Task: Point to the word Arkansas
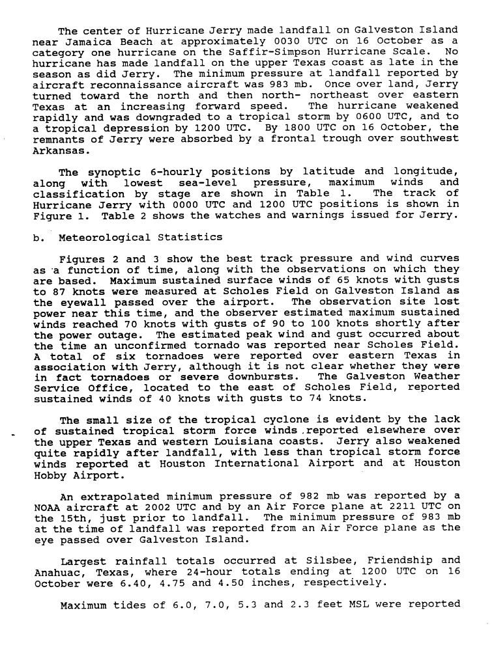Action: pyautogui.click(x=59, y=150)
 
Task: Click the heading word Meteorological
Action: pyautogui.click(x=104, y=237)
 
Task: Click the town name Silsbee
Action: pyautogui.click(x=326, y=561)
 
